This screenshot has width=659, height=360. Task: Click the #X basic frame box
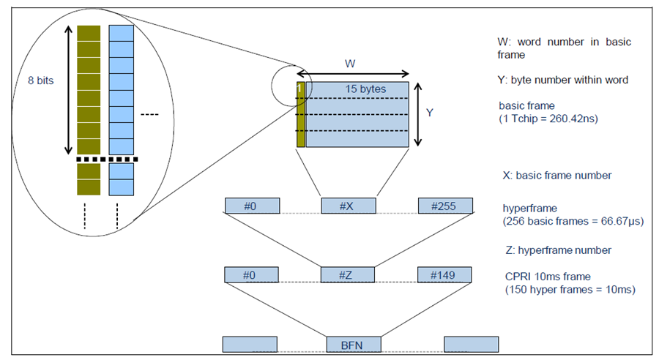[349, 206]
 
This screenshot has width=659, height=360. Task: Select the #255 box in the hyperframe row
[445, 206]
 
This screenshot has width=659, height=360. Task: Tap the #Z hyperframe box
[347, 274]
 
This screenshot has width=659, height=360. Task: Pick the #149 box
[444, 274]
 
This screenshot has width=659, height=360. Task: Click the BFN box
[354, 344]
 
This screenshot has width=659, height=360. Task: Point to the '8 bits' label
[41, 80]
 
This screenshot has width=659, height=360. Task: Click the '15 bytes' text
[365, 89]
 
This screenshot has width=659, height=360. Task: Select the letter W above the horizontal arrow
[350, 64]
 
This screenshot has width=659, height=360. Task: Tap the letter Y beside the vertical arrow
[430, 113]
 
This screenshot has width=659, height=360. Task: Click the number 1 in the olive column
[299, 89]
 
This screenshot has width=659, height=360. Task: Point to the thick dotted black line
[107, 160]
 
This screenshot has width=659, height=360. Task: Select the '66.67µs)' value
[622, 221]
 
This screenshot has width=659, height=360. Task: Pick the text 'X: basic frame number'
[557, 175]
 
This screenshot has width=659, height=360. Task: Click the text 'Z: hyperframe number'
[559, 250]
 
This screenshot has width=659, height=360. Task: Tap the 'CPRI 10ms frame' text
[548, 277]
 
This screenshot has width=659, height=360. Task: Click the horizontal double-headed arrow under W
[353, 74]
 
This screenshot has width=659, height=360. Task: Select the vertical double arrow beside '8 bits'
[68, 89]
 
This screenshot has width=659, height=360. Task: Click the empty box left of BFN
[250, 344]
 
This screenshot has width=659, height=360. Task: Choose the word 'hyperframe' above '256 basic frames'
[530, 209]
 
